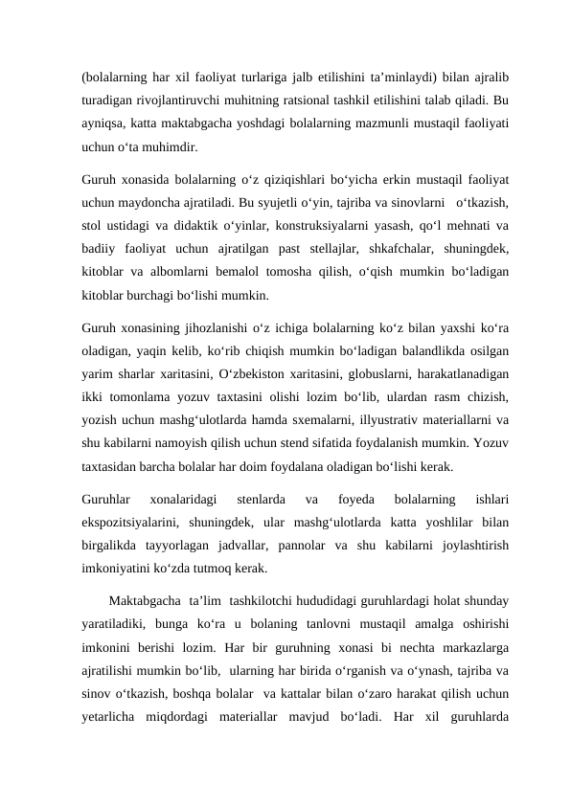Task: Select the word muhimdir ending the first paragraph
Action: point(173,148)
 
